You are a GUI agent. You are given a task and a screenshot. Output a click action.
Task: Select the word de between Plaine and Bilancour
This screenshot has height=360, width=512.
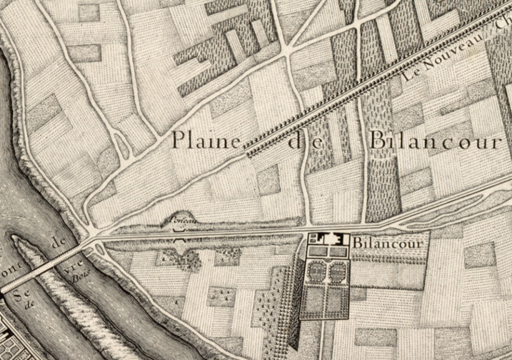[306, 141]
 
